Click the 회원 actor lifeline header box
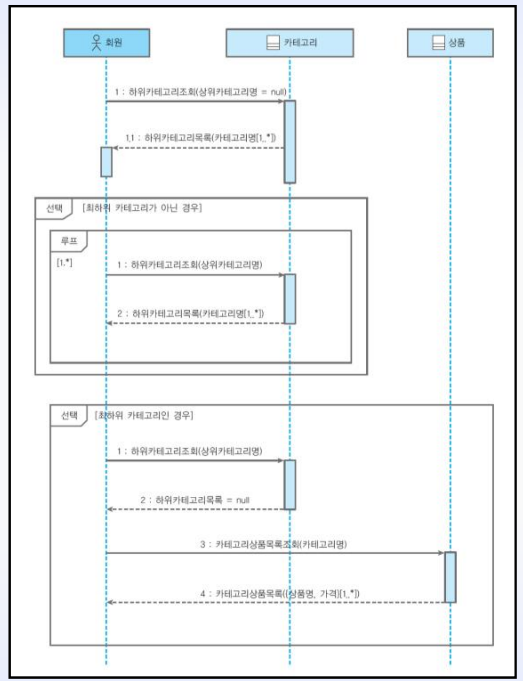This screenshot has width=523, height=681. (x=106, y=43)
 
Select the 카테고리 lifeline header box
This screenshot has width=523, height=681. (x=290, y=43)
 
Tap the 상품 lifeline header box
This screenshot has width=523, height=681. (x=450, y=43)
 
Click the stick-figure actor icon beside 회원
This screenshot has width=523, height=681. (x=96, y=42)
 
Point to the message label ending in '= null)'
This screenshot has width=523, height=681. (x=200, y=92)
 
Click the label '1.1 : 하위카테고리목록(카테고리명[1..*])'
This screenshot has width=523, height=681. (x=201, y=138)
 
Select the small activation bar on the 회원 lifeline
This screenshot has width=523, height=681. (x=106, y=162)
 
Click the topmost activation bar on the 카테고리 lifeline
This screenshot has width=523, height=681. (x=290, y=141)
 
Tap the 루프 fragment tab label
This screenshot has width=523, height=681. (x=69, y=241)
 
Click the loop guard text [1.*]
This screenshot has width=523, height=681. (x=64, y=262)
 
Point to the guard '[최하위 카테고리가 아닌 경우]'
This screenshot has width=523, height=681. (x=142, y=208)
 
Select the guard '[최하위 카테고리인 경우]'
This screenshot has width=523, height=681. (x=144, y=415)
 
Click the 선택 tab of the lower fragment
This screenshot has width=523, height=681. (x=69, y=415)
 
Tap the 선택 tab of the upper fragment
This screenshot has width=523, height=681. (x=54, y=208)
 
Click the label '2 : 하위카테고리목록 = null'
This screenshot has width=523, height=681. (x=194, y=500)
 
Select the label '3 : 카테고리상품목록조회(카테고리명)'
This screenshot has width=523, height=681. (x=273, y=544)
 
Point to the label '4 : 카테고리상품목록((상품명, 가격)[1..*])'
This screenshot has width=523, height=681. (x=280, y=593)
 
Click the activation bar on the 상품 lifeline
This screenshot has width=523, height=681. (x=450, y=577)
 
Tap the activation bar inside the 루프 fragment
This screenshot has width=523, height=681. (x=290, y=299)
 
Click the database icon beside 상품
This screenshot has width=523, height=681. (x=438, y=42)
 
